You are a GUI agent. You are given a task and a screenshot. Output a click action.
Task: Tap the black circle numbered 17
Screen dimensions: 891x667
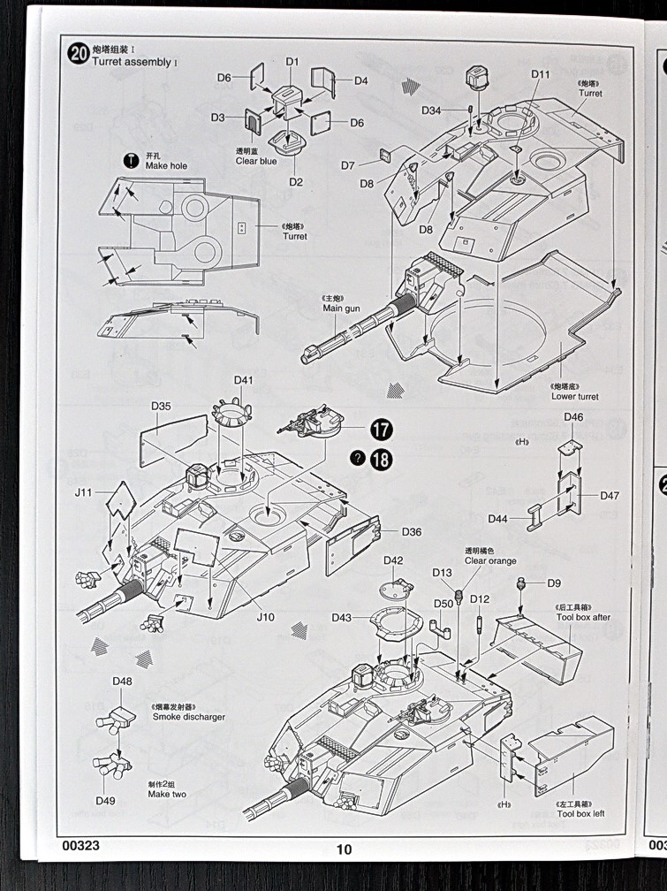tap(382, 430)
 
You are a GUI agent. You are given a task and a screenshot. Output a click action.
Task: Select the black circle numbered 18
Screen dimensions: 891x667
tap(382, 459)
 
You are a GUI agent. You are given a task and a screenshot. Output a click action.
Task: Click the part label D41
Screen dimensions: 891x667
tap(245, 380)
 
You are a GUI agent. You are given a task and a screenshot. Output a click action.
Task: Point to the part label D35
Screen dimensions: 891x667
tap(161, 407)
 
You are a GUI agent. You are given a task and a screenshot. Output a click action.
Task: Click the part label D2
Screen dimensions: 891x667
tap(295, 182)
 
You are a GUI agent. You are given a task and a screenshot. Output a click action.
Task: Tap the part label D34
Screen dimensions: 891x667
tap(431, 110)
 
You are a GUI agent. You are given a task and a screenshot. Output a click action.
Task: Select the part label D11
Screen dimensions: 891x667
tap(541, 74)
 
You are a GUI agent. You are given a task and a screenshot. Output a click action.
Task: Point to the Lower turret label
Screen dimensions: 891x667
tap(573, 396)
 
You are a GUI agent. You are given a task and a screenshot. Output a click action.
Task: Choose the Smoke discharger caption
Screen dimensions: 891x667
tap(188, 717)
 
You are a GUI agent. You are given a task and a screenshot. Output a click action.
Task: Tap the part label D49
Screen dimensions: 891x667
tap(106, 801)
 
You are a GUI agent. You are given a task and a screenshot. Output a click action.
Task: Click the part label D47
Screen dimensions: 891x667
tap(610, 496)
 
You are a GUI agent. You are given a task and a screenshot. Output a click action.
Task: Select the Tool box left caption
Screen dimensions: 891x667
tap(580, 813)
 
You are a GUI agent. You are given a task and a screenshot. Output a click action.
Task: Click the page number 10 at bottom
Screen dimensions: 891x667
tap(344, 849)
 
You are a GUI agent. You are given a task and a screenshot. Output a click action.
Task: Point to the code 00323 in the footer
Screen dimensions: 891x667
tap(81, 845)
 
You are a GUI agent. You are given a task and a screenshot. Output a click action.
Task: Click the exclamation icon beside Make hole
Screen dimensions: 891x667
tap(131, 160)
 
